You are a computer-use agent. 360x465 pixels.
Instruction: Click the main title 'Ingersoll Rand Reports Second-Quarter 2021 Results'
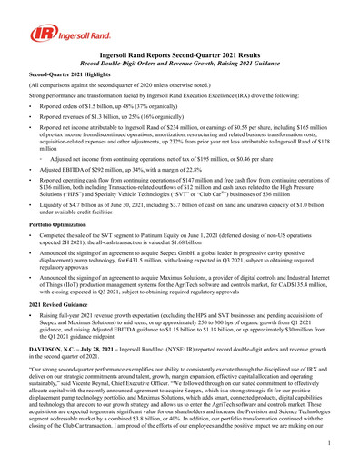(179, 56)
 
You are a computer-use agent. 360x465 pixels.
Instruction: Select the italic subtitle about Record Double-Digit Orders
(179, 64)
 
